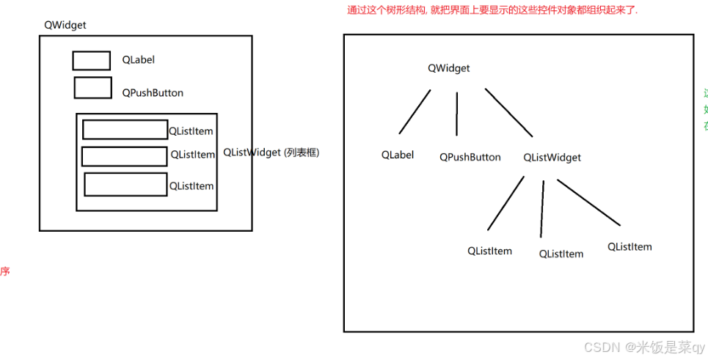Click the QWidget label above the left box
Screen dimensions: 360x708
coord(65,25)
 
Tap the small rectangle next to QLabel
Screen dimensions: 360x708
coord(91,60)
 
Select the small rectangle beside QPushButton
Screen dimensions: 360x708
coord(92,88)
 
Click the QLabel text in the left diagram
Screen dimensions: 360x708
coord(139,60)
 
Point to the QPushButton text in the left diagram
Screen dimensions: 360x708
coord(153,93)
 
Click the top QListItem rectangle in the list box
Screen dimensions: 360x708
coord(125,130)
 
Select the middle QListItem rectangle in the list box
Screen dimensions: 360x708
coord(124,156)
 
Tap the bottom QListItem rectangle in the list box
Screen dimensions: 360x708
coord(125,184)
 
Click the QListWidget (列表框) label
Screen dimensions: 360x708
coord(271,153)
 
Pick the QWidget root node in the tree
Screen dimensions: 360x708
coord(449,68)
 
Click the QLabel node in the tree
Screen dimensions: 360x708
coord(398,155)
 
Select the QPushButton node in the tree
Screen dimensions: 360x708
coord(470,157)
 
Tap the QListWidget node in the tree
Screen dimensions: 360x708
coord(552,158)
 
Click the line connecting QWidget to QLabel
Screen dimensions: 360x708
coord(415,112)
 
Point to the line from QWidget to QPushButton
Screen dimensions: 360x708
coord(456,114)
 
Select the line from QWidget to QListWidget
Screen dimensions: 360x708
coord(508,112)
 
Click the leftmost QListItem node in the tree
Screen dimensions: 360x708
coord(489,251)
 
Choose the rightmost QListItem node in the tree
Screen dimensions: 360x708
coord(629,246)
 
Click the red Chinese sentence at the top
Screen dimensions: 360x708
coord(492,10)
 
